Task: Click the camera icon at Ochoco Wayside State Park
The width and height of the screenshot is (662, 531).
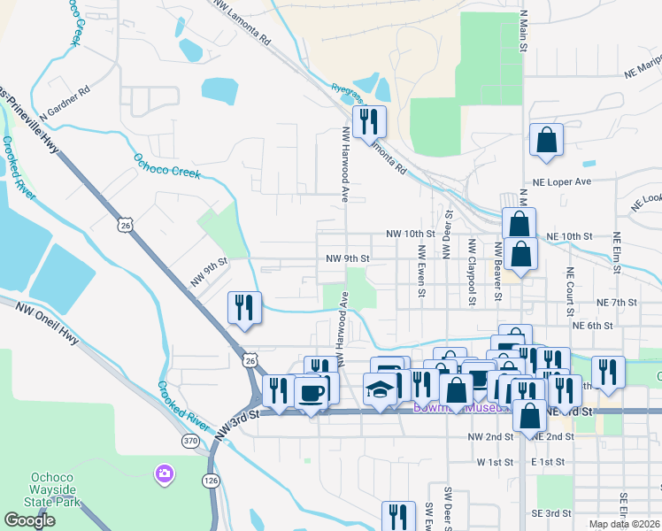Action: click(163, 474)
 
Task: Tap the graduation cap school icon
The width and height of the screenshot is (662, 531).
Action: click(381, 390)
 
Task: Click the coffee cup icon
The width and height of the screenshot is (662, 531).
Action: click(311, 392)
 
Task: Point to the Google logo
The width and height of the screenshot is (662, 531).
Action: click(30, 520)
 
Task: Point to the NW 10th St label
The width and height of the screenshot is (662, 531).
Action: click(411, 234)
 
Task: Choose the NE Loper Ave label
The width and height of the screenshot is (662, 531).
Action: click(561, 181)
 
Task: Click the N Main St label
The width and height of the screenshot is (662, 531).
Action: click(523, 32)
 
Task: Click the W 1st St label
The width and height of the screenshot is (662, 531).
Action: click(495, 462)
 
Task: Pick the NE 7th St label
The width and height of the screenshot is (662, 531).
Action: click(617, 303)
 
